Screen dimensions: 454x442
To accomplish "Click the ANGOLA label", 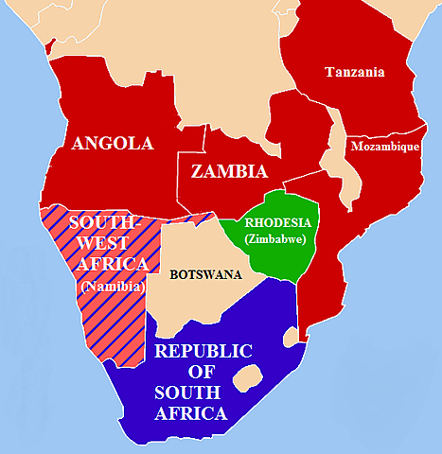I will click(113, 144).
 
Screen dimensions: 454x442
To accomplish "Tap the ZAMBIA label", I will click(229, 172).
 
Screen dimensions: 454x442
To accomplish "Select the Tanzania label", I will click(355, 72).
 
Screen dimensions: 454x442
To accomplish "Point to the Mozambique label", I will click(384, 148).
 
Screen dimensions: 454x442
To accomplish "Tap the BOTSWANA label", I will click(205, 275).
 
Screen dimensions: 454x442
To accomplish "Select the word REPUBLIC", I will click(203, 351).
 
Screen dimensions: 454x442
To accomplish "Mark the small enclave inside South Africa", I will click(247, 378).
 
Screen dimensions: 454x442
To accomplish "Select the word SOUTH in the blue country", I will click(191, 393).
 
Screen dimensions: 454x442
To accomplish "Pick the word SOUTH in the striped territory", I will click(106, 221).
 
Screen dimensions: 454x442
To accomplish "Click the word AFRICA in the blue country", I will click(193, 413).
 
